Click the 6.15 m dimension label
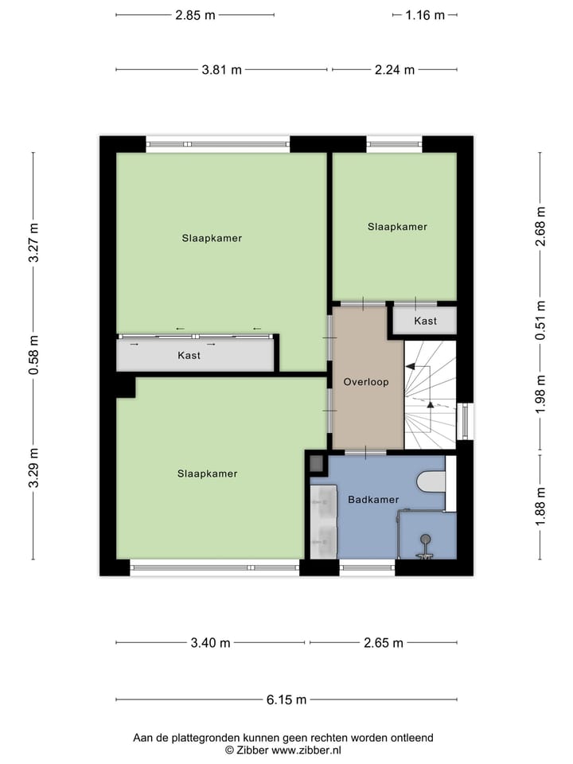(x=286, y=700)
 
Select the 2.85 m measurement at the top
(x=195, y=14)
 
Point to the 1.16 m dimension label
(x=424, y=14)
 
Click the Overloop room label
(x=366, y=382)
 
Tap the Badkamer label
(x=372, y=500)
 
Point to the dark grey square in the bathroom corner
(x=316, y=463)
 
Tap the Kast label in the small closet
(x=425, y=321)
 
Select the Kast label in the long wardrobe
(x=189, y=356)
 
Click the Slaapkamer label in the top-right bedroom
(x=397, y=227)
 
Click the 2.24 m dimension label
(x=395, y=70)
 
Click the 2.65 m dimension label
(x=383, y=643)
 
